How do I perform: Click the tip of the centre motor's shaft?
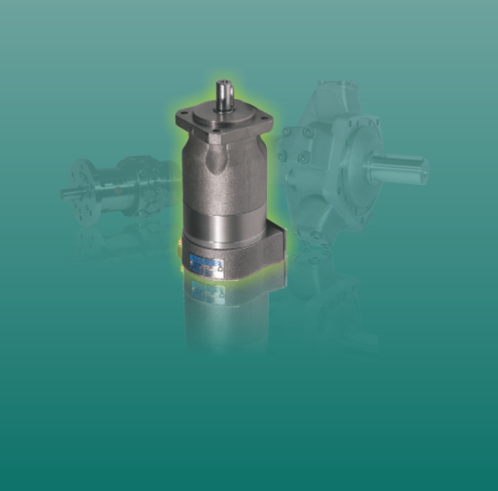pyautogui.click(x=225, y=82)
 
